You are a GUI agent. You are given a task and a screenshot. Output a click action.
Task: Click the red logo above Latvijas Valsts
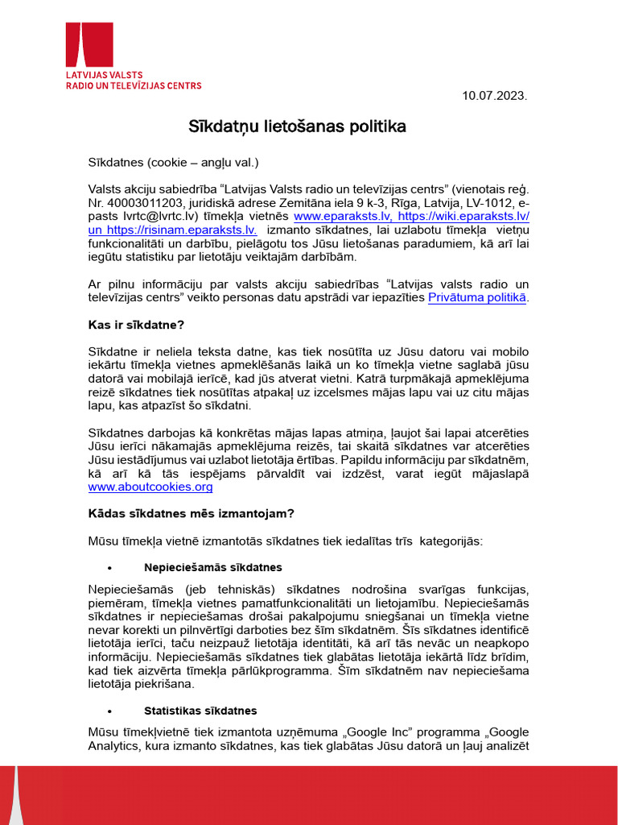(x=89, y=45)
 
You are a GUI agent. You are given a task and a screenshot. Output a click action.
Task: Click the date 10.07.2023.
(x=494, y=96)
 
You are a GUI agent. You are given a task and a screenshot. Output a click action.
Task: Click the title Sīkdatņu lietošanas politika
(x=297, y=126)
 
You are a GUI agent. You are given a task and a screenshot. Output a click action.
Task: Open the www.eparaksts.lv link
(x=331, y=217)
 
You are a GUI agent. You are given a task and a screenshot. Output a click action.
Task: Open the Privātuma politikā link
(x=477, y=298)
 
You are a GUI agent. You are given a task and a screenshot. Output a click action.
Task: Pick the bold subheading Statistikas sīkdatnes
(x=200, y=711)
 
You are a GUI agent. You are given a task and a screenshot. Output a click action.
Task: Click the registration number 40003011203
(x=141, y=203)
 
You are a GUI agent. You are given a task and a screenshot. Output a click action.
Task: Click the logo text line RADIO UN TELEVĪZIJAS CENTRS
(x=134, y=85)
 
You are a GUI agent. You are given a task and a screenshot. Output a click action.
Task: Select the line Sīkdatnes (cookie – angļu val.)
(x=173, y=162)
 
